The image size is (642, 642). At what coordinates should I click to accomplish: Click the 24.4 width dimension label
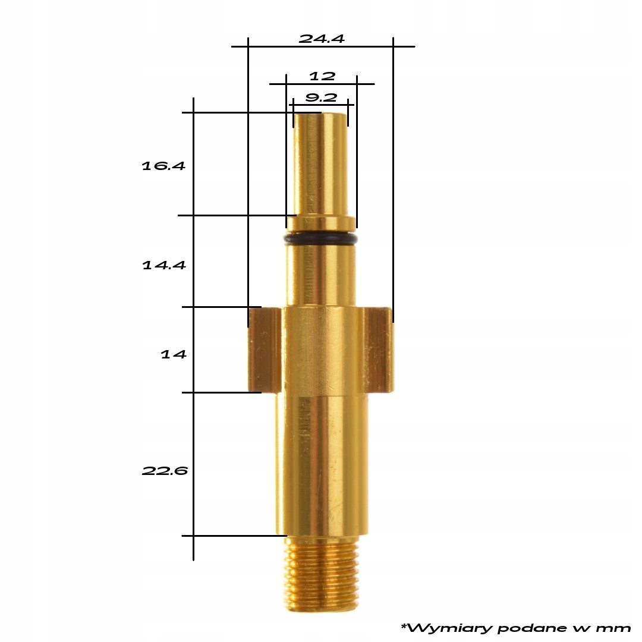[x=321, y=39]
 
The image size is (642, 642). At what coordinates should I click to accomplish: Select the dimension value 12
[x=322, y=77]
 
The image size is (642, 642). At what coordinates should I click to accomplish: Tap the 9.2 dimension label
[x=321, y=97]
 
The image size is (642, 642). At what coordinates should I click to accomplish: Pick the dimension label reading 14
[x=174, y=354]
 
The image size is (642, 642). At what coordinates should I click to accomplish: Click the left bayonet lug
[x=263, y=350]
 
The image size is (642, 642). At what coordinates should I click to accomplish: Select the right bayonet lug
[x=377, y=350]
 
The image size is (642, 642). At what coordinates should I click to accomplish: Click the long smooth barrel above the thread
[x=321, y=464]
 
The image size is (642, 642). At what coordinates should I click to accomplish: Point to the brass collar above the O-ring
[x=321, y=223]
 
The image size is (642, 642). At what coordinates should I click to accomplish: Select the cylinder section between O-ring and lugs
[x=321, y=276]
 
